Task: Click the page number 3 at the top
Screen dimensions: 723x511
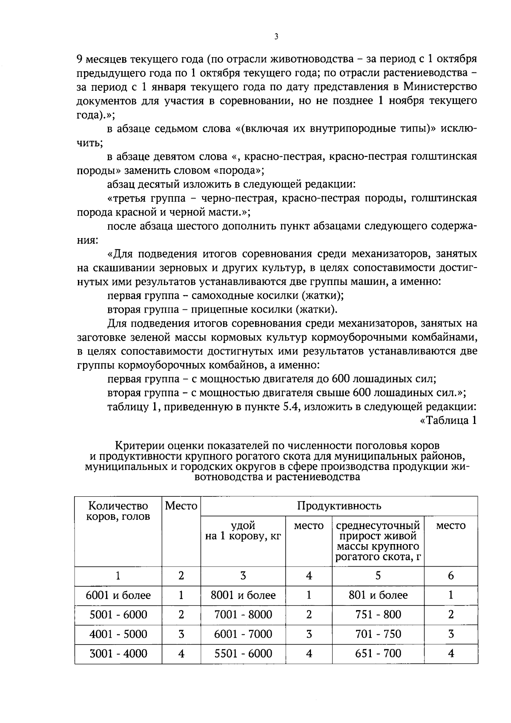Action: pos(276,37)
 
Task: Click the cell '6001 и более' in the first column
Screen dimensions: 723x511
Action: pos(118,595)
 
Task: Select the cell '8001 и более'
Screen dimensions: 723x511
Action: pos(243,595)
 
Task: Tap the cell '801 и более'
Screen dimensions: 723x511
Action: pos(378,595)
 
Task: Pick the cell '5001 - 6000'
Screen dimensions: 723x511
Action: pos(118,615)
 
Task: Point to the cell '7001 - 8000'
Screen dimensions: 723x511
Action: pos(243,615)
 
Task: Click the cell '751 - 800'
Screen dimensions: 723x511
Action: pos(378,615)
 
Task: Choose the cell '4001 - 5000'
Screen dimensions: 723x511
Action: pos(118,634)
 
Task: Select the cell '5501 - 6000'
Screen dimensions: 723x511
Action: pos(243,654)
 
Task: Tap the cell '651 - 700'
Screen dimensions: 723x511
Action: pos(378,654)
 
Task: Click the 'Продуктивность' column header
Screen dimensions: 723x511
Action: pos(339,506)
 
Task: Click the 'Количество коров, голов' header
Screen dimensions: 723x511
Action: pos(118,511)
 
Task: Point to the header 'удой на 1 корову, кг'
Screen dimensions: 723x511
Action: pos(243,531)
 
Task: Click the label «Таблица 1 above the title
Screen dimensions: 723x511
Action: pos(448,421)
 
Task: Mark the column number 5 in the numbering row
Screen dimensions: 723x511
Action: pos(378,576)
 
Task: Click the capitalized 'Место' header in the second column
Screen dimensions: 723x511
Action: pos(181,506)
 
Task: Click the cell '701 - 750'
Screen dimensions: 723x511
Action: pos(378,634)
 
